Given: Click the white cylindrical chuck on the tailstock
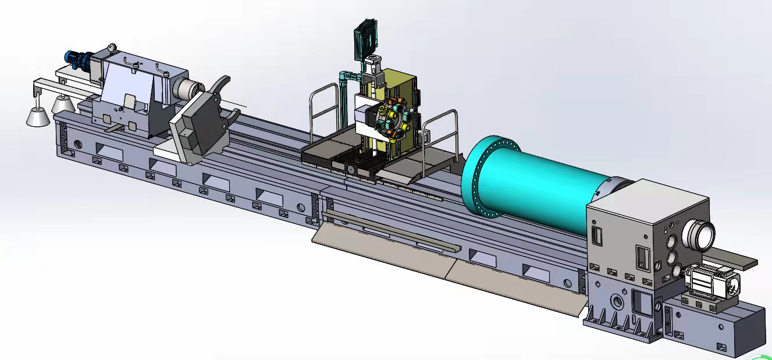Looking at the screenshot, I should [187, 89].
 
